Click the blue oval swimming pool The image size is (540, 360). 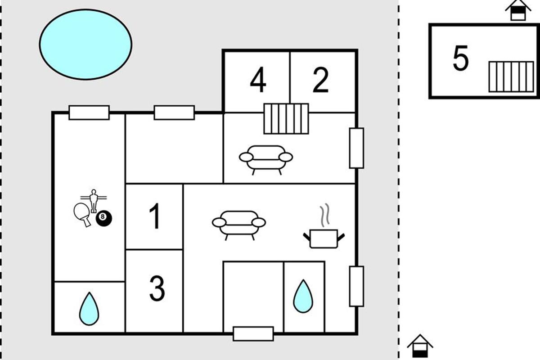85,45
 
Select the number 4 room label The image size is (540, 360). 258,80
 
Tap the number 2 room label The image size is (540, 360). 320,80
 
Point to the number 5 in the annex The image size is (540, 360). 461,58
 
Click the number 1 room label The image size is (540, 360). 155,216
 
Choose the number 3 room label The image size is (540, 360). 157,288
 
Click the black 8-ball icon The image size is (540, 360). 104,218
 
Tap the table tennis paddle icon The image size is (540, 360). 82,214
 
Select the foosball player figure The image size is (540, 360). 93,201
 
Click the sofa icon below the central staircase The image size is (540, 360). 266,160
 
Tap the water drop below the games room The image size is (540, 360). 89,309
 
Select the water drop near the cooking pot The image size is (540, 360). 303,296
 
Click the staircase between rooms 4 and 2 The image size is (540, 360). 286,119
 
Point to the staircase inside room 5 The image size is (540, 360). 511,76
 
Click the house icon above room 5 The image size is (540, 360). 518,10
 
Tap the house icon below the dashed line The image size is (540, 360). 420,346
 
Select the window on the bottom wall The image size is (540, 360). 253,334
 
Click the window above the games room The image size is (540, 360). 89,112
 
